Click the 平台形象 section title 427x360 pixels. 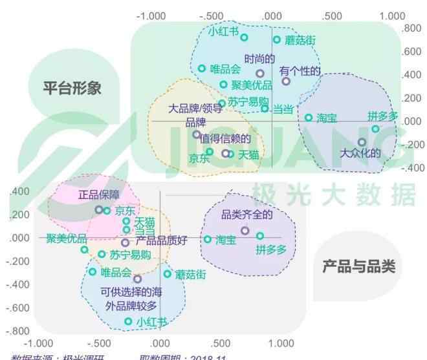pos(72,88)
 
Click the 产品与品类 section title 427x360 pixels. pos(358,266)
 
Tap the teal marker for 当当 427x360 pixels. pos(265,109)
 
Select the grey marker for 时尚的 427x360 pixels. pos(260,74)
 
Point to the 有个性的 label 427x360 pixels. pos(300,70)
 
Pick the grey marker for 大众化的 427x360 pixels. pos(362,142)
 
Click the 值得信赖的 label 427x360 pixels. pos(224,138)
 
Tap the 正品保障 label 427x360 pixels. pos(98,195)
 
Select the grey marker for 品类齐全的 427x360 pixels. pos(245,231)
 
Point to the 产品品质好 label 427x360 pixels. pos(161,241)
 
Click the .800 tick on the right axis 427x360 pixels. pos(411,28)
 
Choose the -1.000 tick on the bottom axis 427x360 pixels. pos(38,343)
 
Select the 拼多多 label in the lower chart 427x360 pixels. pos(270,249)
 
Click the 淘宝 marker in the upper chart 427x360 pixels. pos(309,118)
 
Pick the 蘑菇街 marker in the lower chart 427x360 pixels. pos(168,274)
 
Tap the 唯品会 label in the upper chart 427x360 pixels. pos(226,69)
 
